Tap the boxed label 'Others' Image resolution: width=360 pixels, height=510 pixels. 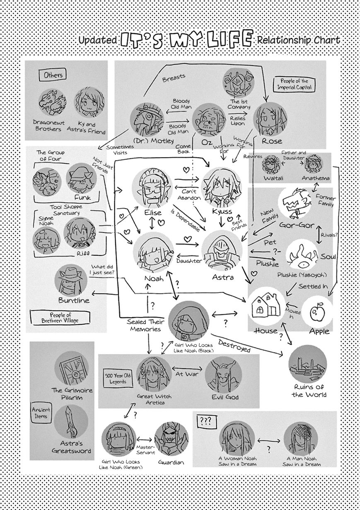pos(53,75)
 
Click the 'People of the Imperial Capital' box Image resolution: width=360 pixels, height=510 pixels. pos(296,84)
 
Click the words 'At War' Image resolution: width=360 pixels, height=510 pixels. pos(186,373)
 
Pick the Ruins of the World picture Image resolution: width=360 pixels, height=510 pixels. pos(307,364)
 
